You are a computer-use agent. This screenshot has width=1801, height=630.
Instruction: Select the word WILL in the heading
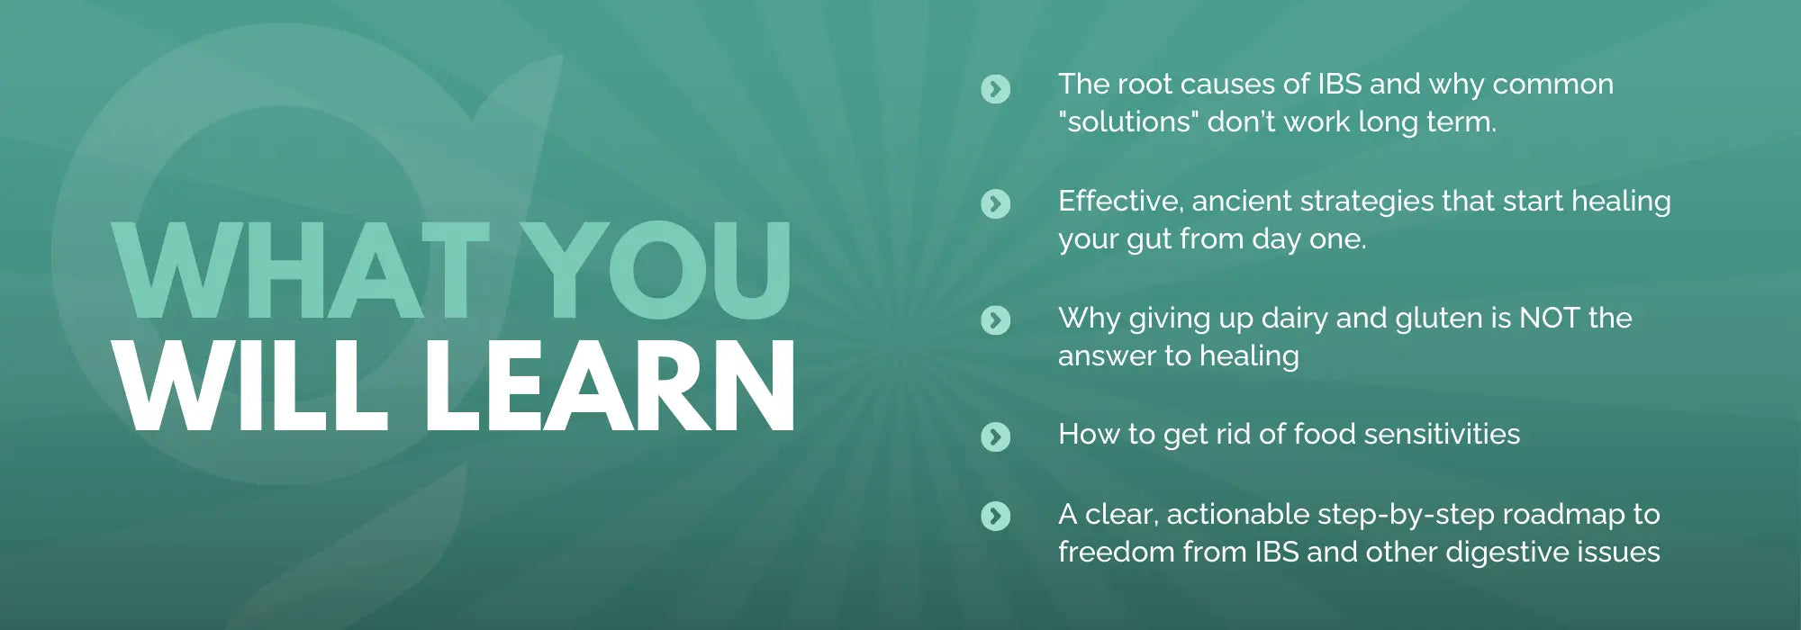[x=253, y=386]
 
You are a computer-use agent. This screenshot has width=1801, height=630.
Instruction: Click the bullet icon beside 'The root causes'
[x=995, y=88]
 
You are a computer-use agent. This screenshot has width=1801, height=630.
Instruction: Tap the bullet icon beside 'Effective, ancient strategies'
[x=995, y=204]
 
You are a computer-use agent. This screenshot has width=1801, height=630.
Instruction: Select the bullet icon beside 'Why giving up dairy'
[x=995, y=319]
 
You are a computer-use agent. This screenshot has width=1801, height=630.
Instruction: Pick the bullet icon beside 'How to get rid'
[x=995, y=436]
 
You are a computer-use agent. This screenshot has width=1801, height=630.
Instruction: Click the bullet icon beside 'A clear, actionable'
[x=995, y=516]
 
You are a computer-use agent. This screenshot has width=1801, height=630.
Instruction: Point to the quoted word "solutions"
[x=1129, y=121]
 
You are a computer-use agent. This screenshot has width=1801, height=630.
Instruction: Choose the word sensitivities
[x=1442, y=435]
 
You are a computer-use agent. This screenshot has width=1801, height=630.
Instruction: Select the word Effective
[x=1121, y=202]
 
